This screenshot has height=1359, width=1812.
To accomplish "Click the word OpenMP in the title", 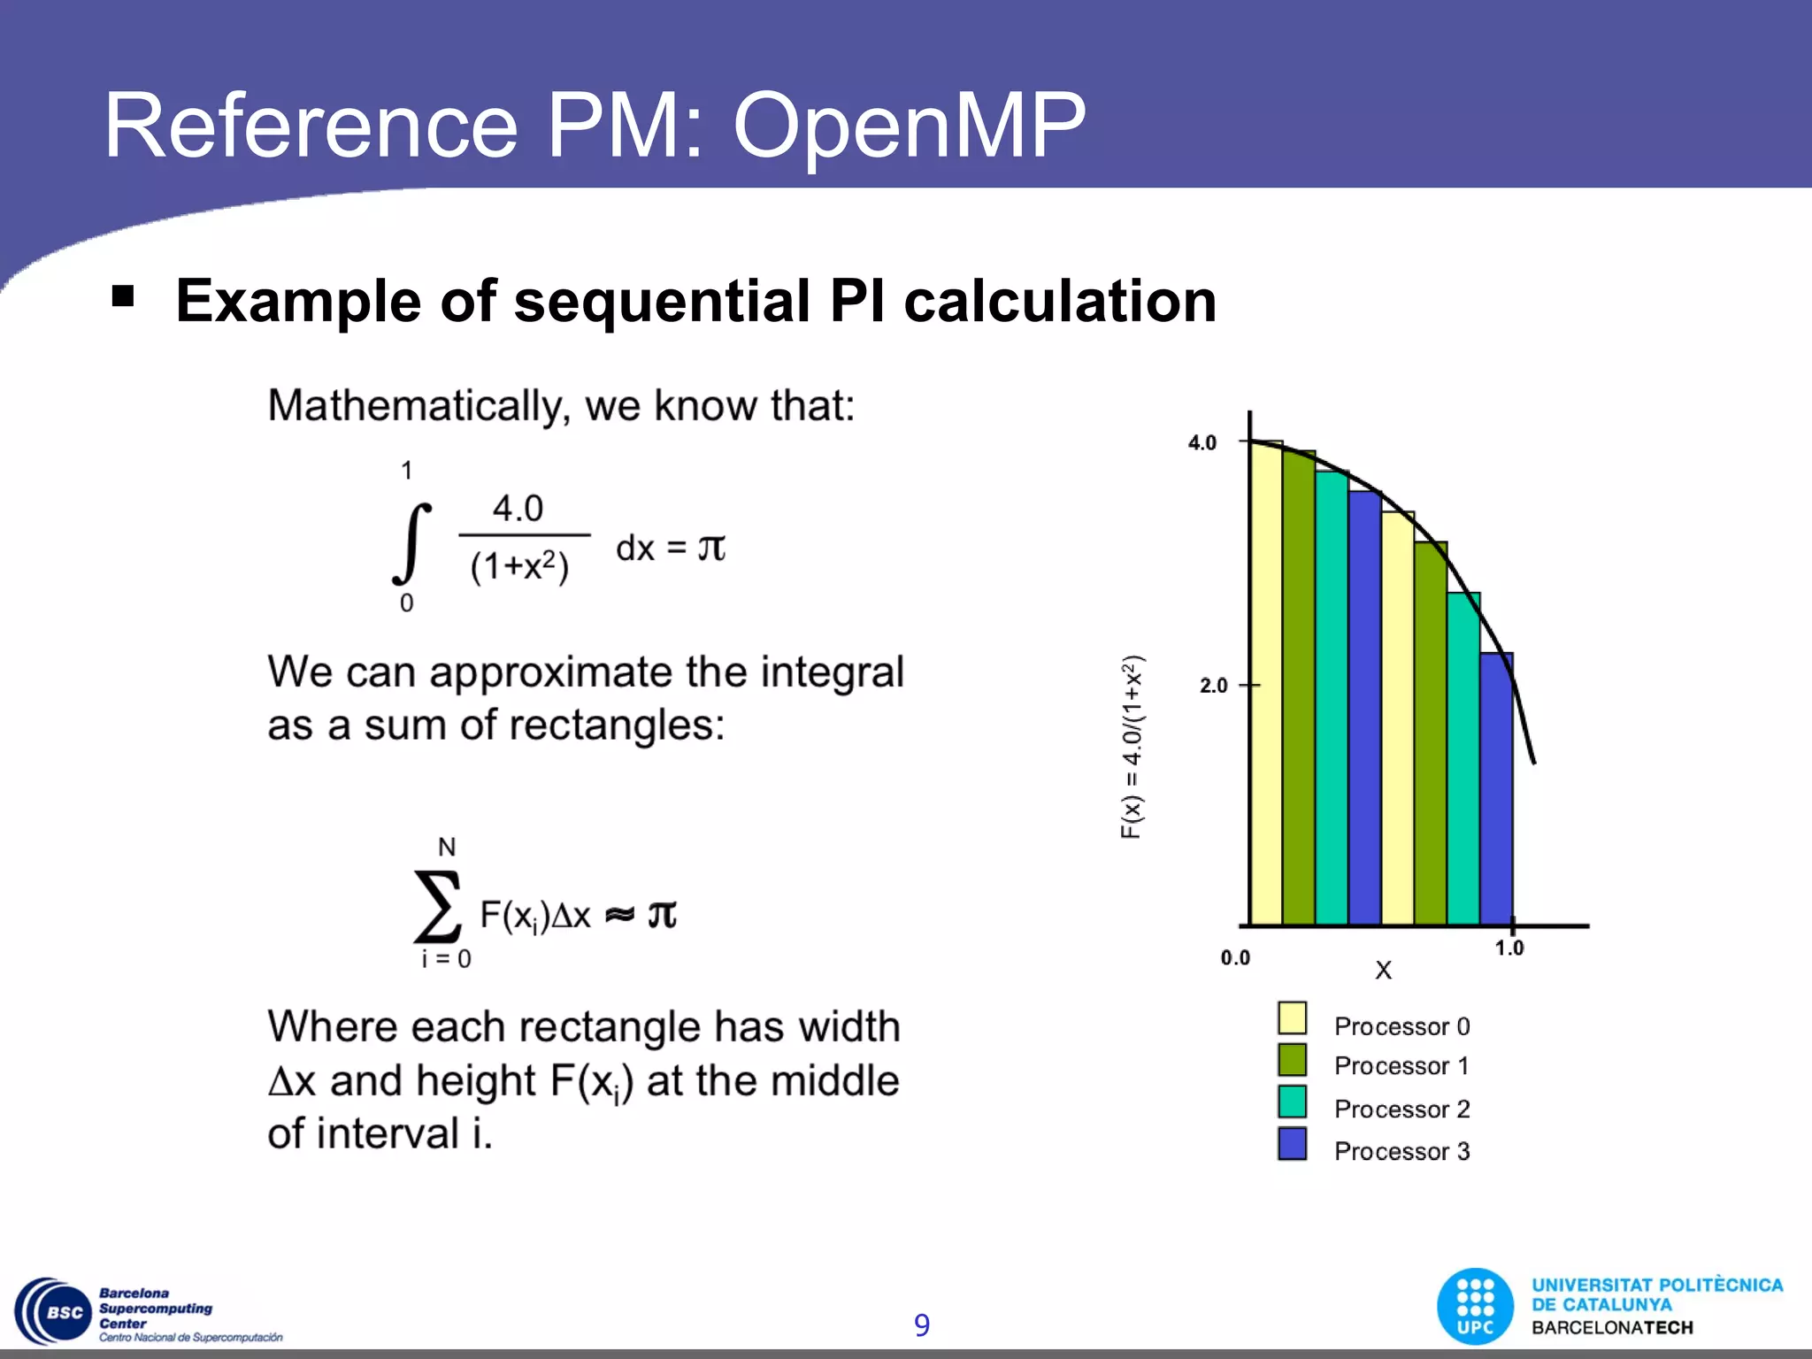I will point(909,128).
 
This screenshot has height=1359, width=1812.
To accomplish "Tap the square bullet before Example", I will point(123,296).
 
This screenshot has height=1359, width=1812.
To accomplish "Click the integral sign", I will point(411,543).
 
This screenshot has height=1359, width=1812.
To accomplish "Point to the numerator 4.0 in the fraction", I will point(518,509).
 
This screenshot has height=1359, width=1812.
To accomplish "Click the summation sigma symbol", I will point(438,906).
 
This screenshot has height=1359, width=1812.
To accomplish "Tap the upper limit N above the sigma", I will point(447,847).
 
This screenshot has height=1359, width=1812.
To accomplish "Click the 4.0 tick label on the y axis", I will point(1202,442).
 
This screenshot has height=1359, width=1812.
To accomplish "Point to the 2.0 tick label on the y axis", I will point(1213,686).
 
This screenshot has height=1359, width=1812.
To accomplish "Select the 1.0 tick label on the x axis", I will point(1509,948).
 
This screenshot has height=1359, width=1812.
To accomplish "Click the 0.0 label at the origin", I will point(1235,958).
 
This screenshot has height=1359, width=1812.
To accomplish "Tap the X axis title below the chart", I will point(1383,971).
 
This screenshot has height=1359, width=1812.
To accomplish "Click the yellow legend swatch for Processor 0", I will point(1292,1018).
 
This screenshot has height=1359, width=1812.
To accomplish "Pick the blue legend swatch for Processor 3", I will point(1292,1143).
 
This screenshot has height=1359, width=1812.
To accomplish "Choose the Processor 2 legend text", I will point(1401,1109).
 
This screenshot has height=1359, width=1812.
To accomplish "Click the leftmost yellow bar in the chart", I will point(1265,681).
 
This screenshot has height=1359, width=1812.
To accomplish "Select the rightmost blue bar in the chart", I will point(1496,787).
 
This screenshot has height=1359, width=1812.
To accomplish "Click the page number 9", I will point(921,1324).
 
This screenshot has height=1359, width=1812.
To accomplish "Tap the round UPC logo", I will point(1475,1306).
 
